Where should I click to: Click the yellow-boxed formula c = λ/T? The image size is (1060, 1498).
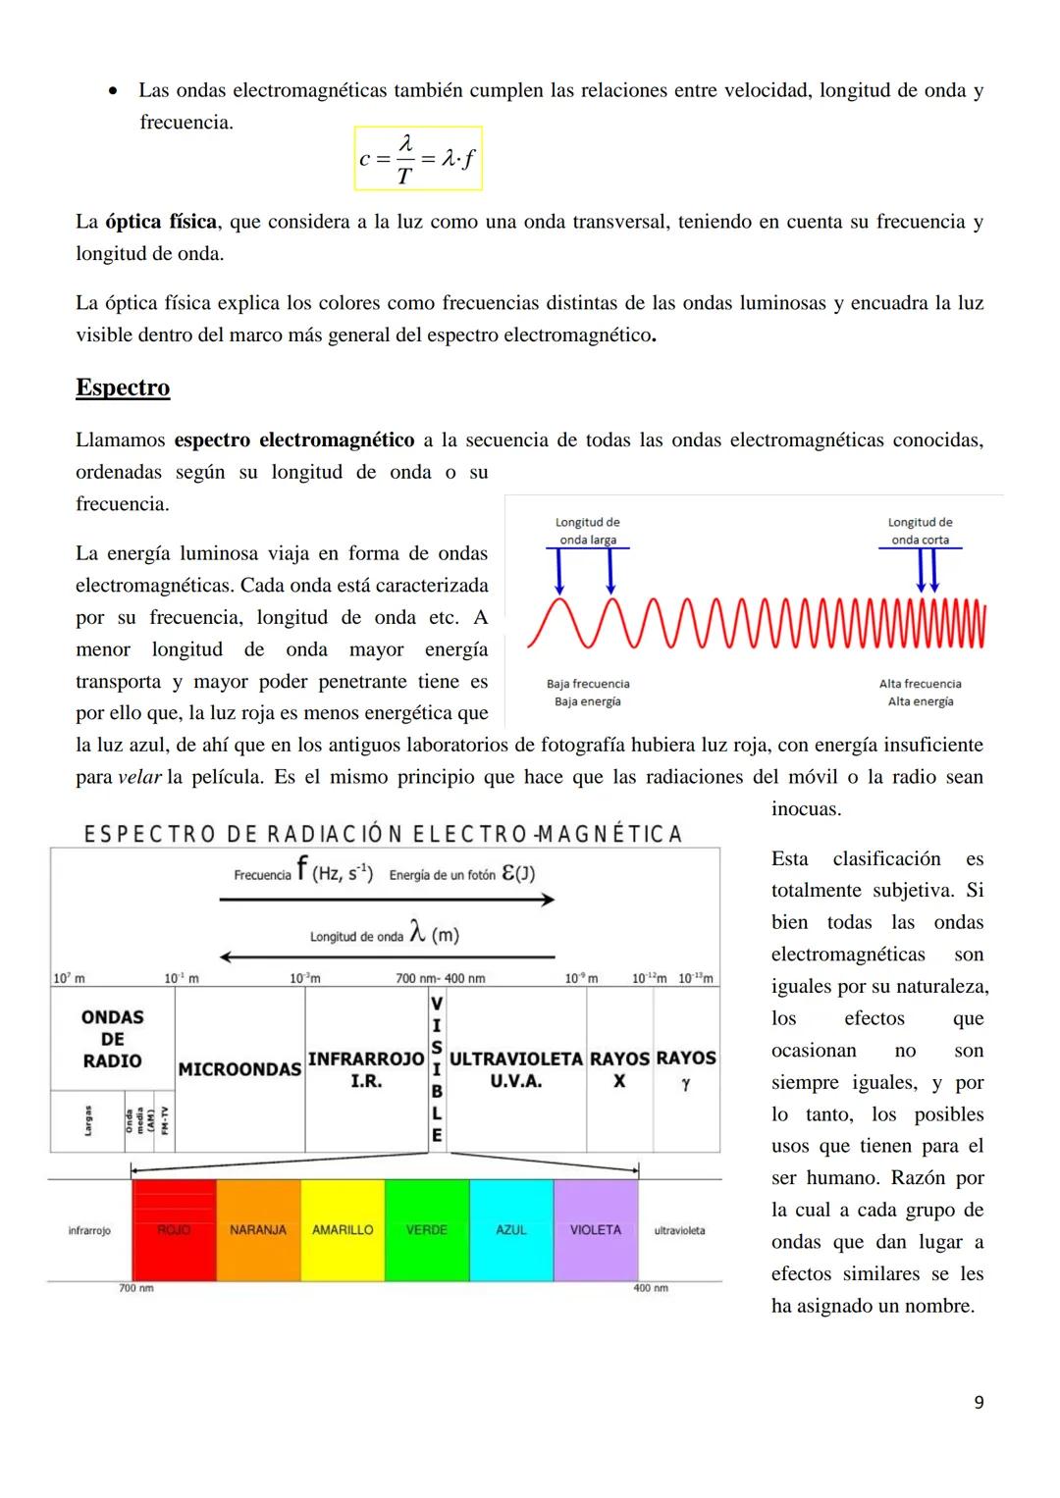pos(418,159)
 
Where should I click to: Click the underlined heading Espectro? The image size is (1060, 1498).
pos(123,387)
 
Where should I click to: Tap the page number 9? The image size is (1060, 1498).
pos(978,1403)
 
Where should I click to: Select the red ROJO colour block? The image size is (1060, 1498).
pos(174,1230)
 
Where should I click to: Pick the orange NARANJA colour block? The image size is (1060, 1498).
pos(258,1230)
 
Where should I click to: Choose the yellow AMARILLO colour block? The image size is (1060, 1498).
pos(343,1230)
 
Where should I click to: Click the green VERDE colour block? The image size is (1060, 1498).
pos(427,1230)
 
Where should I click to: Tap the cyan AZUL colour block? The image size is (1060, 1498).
pos(511,1230)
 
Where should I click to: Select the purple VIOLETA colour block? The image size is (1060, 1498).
pos(596,1230)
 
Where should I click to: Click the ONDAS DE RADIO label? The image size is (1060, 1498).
pos(112,1039)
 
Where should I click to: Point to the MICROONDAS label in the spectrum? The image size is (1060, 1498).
pos(239,1069)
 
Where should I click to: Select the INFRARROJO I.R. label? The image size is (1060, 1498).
pos(366,1069)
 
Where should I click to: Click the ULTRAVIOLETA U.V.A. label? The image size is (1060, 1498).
pos(516,1069)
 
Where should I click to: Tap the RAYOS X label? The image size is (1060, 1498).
pos(619,1069)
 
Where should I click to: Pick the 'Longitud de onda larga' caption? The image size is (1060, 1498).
pos(588,531)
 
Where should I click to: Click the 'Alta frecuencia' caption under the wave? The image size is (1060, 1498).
pos(921,684)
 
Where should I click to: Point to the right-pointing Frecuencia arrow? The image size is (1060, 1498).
pos(387,900)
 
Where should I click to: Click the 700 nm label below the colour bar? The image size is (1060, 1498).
pos(136,1288)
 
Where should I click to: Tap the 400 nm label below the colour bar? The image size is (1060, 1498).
pos(651,1288)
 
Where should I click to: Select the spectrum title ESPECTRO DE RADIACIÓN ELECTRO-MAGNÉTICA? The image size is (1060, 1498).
pos(383,834)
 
